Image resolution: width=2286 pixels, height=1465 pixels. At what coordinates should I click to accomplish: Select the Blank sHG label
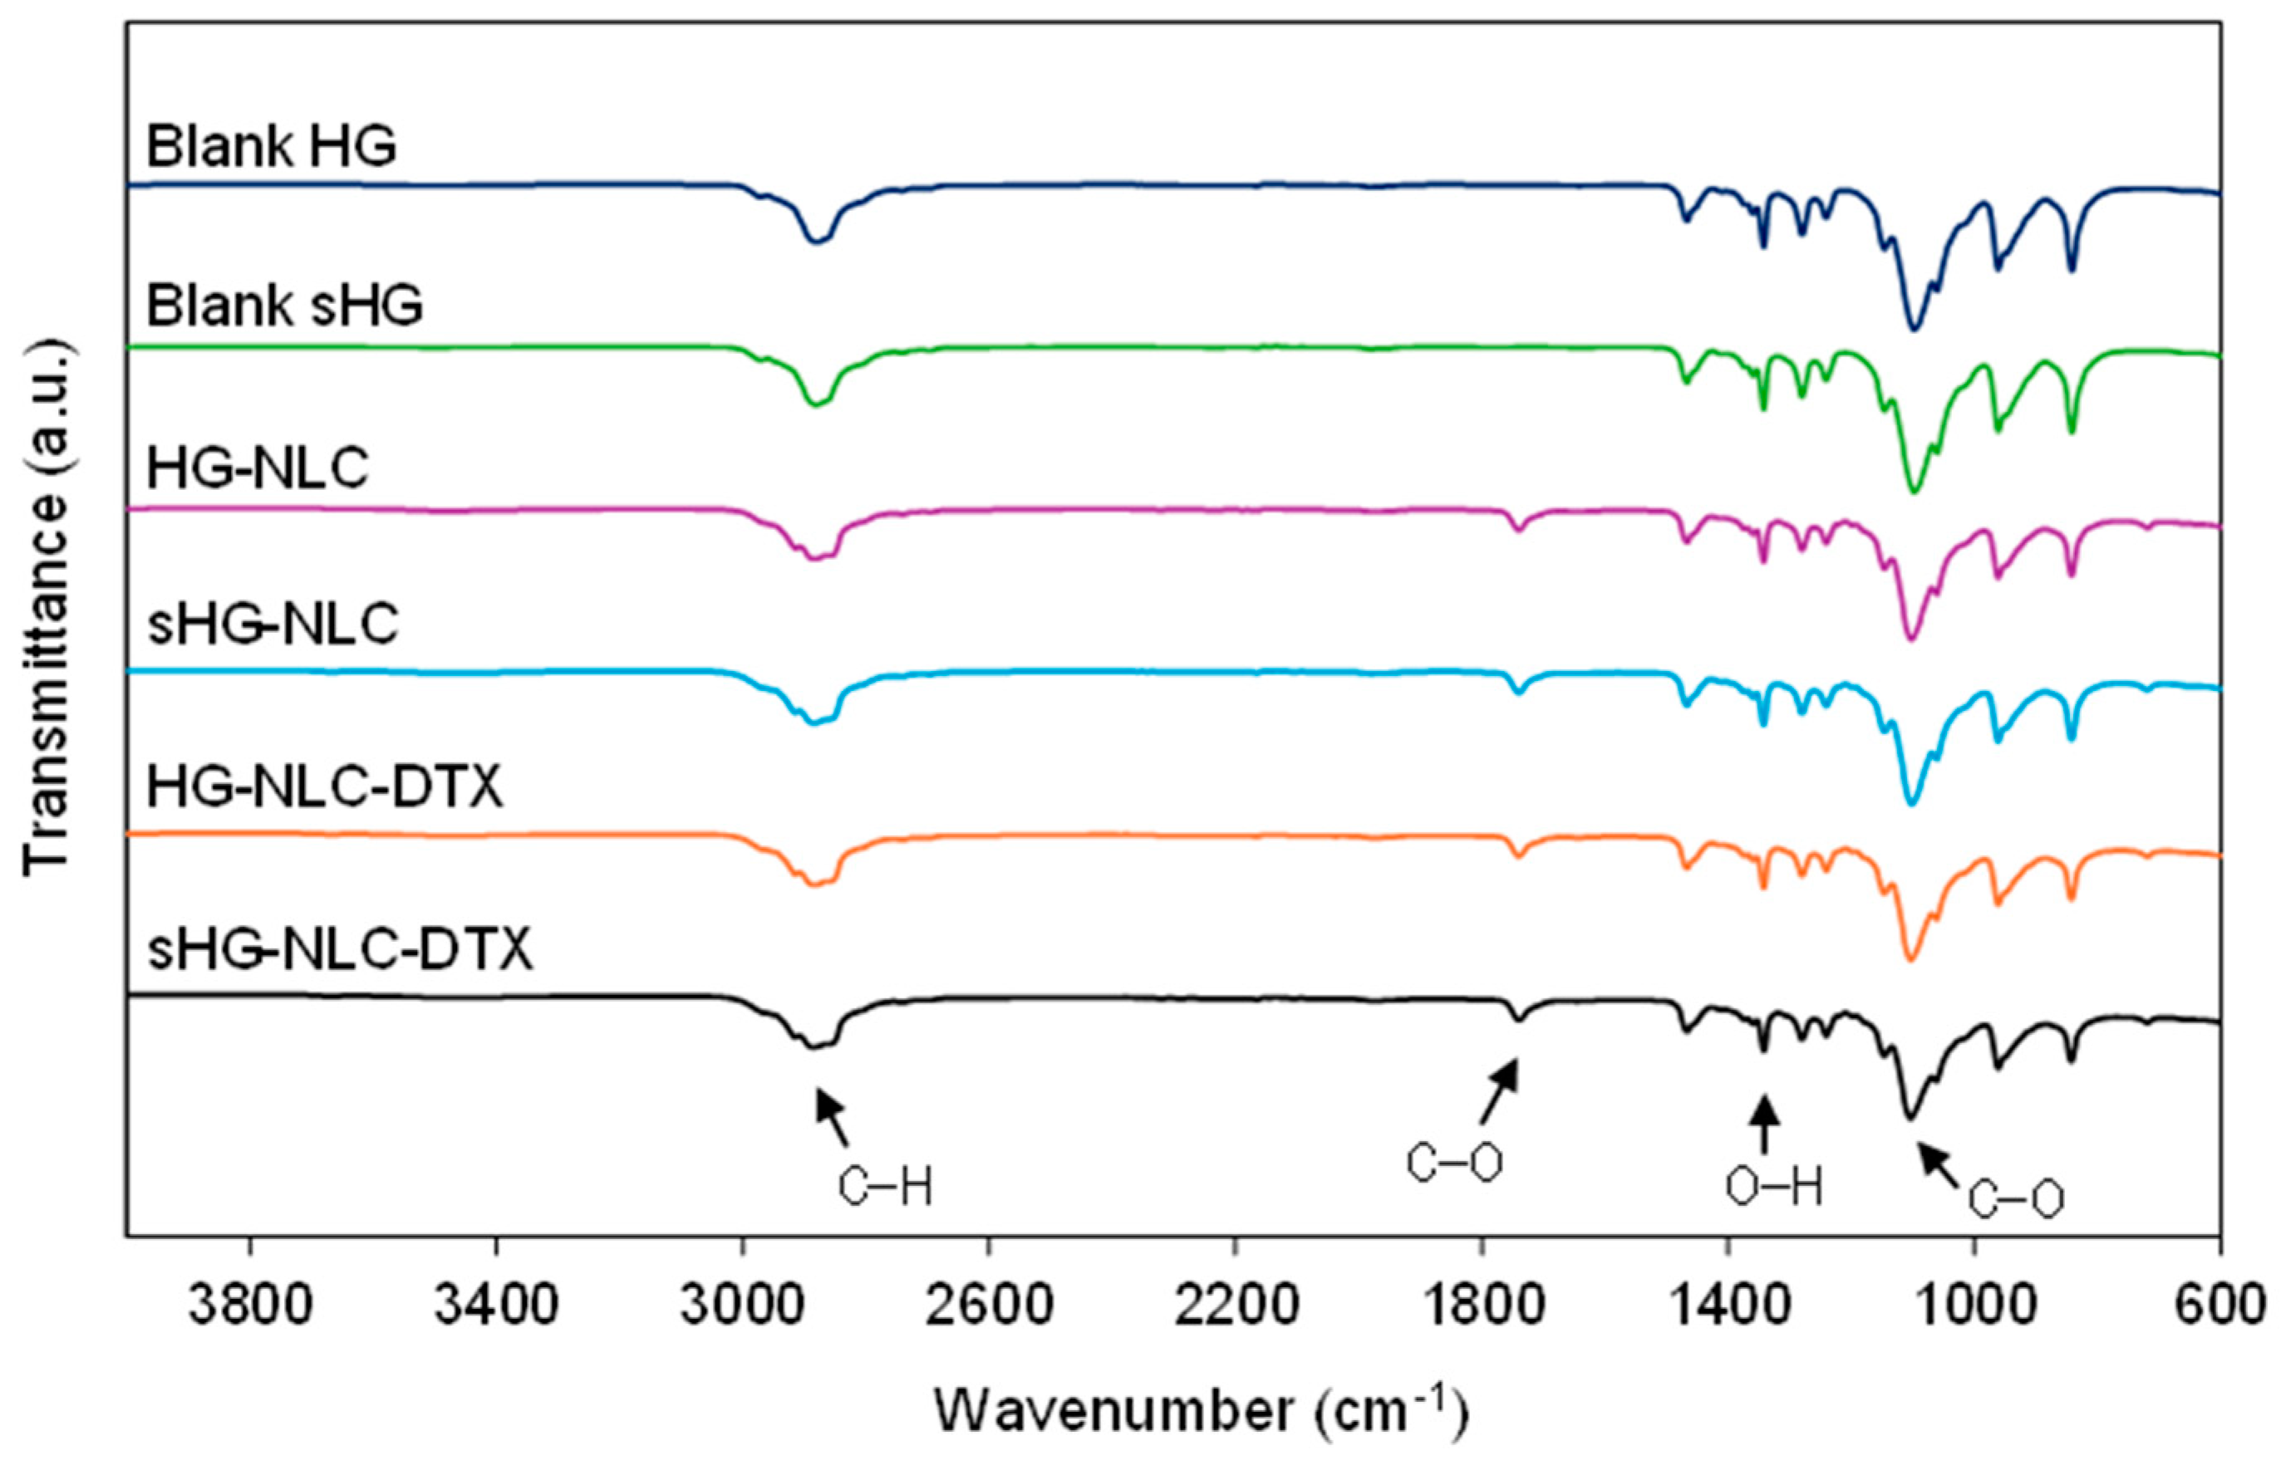[284, 307]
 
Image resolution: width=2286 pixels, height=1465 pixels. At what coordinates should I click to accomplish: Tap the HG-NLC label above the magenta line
[257, 469]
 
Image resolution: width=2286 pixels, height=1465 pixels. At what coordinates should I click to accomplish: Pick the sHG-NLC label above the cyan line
[273, 625]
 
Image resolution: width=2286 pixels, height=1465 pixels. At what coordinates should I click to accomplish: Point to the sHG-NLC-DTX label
[340, 949]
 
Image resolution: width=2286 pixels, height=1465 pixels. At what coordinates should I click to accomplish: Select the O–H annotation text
[1774, 1188]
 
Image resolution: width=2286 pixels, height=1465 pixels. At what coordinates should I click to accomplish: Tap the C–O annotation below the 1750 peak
[1454, 1163]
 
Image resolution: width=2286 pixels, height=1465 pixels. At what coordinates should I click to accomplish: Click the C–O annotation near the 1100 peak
[2015, 1199]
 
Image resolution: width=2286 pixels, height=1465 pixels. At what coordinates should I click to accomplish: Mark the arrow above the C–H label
[832, 1119]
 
